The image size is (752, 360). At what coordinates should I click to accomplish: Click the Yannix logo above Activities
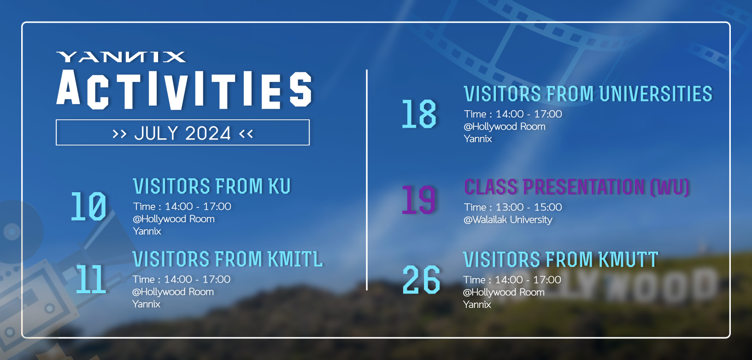(x=121, y=57)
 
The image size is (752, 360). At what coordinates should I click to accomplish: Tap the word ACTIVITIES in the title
(x=184, y=90)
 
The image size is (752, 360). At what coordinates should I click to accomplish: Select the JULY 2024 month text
(x=182, y=133)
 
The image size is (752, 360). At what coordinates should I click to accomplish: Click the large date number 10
(x=88, y=206)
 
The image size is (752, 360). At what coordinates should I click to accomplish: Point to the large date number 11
(x=91, y=279)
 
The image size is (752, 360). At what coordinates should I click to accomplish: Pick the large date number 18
(x=419, y=114)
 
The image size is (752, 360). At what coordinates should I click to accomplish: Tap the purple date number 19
(x=419, y=200)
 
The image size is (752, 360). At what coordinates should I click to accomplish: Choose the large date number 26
(x=421, y=279)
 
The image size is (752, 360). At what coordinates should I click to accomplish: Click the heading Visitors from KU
(x=212, y=186)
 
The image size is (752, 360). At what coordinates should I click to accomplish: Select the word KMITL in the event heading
(x=295, y=259)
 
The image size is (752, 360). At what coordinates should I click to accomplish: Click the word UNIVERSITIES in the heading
(x=656, y=94)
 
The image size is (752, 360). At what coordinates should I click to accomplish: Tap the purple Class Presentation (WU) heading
(x=577, y=187)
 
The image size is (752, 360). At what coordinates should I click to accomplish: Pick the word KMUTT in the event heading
(x=628, y=260)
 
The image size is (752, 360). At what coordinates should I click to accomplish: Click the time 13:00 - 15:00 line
(x=513, y=207)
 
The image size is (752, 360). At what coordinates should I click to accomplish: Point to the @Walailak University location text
(x=508, y=219)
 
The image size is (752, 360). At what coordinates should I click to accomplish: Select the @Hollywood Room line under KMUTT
(x=504, y=292)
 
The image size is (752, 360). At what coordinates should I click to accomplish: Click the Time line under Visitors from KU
(x=182, y=206)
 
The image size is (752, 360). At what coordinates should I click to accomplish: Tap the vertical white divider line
(x=367, y=180)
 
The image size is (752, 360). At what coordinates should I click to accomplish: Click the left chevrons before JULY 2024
(x=119, y=134)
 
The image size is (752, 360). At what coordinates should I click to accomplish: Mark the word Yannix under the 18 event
(x=478, y=139)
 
